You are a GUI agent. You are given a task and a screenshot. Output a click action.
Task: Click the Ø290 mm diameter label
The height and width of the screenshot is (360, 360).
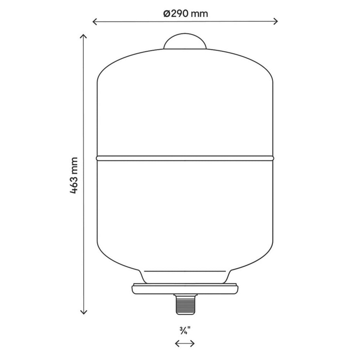[185, 14]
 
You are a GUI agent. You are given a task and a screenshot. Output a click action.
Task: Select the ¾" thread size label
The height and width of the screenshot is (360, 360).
[185, 330]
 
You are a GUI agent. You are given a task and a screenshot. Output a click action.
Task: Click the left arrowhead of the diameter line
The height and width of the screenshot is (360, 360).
[94, 21]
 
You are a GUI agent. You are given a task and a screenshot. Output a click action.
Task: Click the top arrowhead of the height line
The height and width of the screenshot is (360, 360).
[83, 36]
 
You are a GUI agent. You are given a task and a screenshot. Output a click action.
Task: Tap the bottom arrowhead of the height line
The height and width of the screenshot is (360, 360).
[83, 312]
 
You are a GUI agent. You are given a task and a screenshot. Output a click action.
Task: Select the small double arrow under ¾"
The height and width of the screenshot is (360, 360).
[185, 343]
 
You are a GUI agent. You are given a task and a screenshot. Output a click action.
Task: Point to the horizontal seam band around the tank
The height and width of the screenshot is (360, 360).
[185, 158]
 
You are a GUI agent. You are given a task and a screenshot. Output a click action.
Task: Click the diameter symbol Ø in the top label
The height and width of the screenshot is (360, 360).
[166, 14]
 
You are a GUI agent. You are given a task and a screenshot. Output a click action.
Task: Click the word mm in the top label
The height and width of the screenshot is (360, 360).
[200, 14]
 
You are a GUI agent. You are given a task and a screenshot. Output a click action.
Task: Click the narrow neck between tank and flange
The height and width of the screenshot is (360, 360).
[185, 276]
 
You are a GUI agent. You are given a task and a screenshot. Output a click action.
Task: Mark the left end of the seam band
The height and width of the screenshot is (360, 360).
[98, 158]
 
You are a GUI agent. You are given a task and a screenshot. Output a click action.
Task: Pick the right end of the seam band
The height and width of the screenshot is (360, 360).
[272, 158]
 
